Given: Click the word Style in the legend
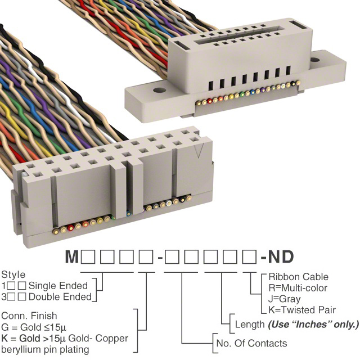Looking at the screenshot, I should [x=13, y=275].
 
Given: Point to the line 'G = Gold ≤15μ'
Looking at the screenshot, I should [x=37, y=327].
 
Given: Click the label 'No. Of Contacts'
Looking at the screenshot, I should [x=251, y=343].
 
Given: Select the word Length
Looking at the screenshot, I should [x=250, y=325].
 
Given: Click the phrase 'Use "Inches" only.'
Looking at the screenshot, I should [x=313, y=325].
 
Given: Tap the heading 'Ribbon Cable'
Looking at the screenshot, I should [x=298, y=277].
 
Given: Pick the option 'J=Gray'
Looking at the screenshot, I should [x=285, y=299].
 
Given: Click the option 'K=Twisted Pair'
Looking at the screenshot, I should [x=302, y=310].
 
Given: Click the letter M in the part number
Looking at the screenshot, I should [x=72, y=257].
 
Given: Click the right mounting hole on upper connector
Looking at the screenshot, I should [x=314, y=58].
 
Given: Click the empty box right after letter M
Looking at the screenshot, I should [x=88, y=258].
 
